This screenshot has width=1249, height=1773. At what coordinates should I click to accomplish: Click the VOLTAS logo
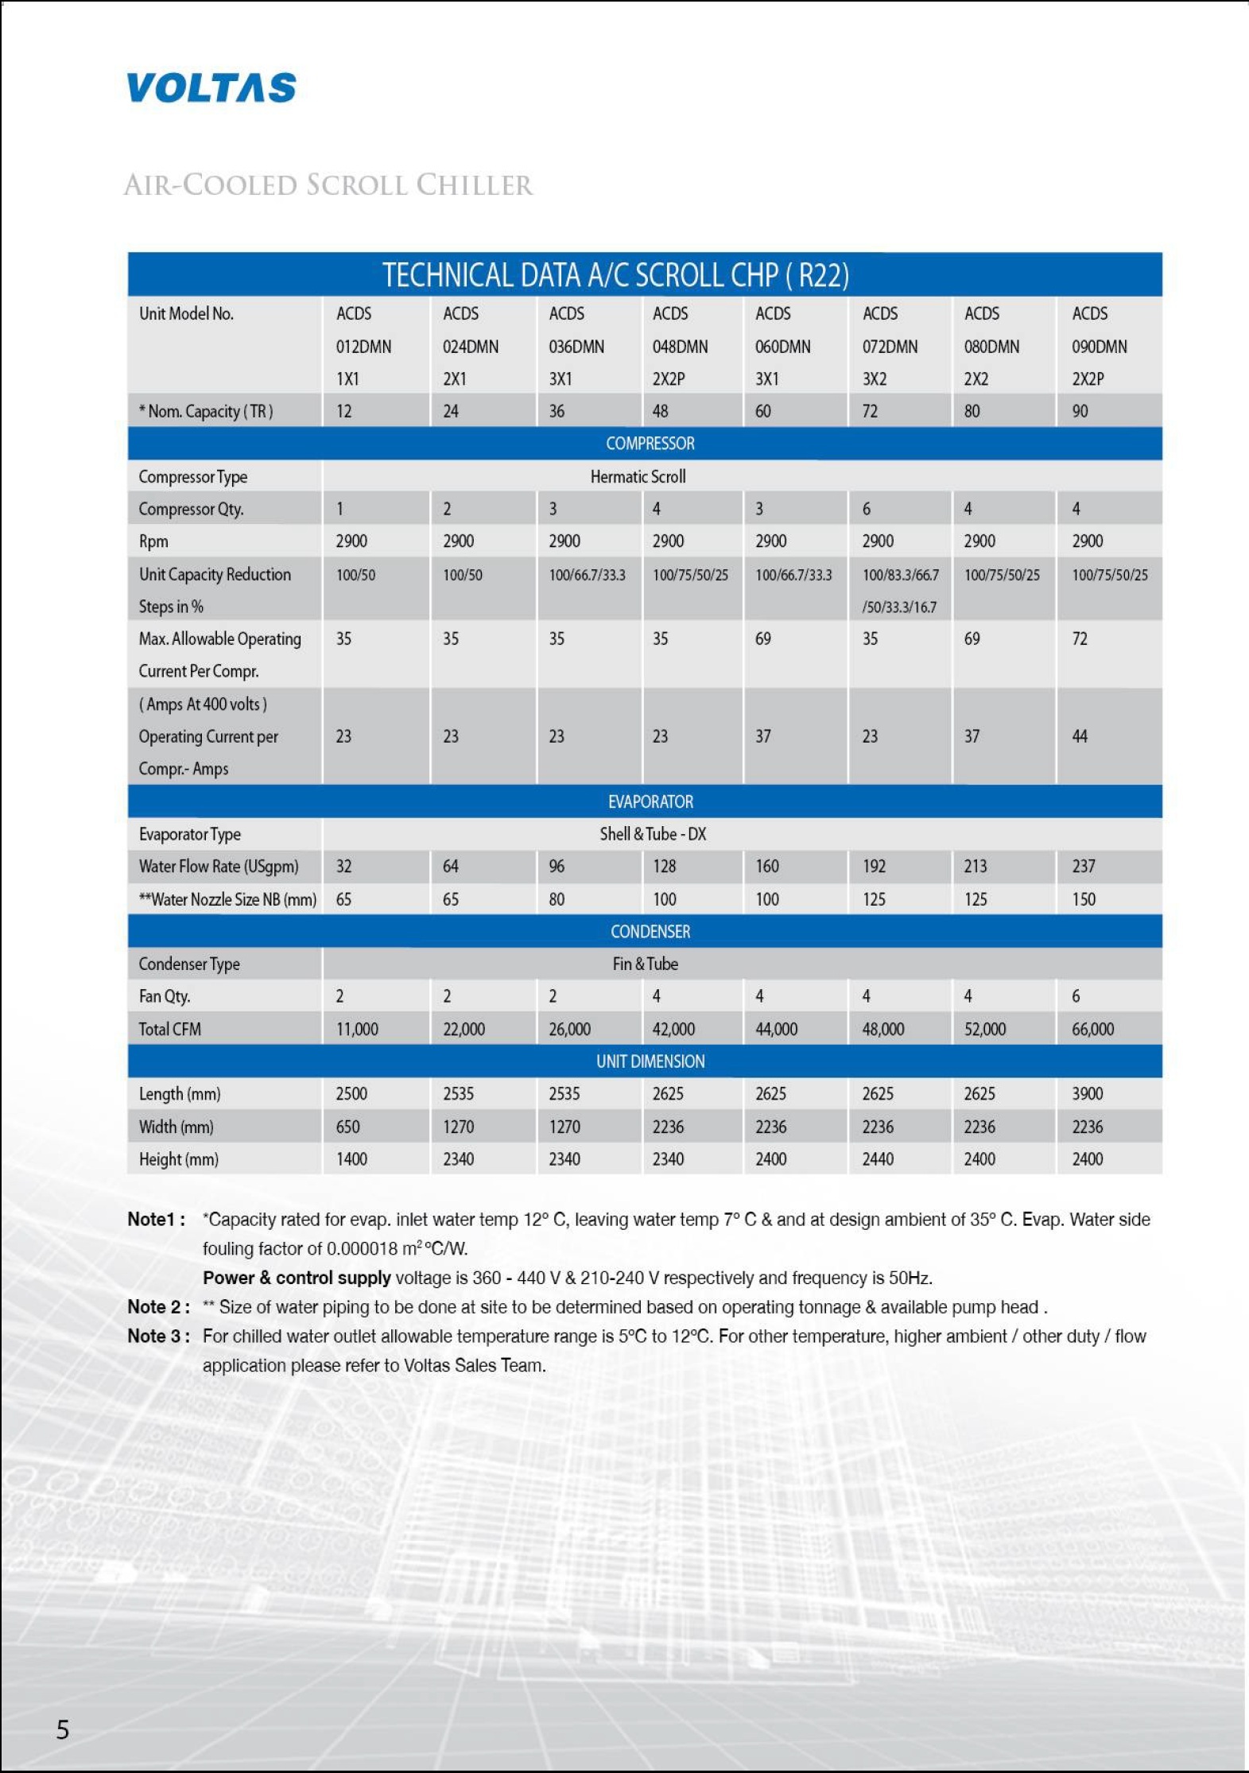(x=211, y=88)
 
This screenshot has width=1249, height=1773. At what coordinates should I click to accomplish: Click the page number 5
(x=63, y=1729)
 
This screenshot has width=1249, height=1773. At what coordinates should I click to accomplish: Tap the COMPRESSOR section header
(x=650, y=444)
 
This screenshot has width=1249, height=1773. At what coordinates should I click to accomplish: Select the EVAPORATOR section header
(x=650, y=801)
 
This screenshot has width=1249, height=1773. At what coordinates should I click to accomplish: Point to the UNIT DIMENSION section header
(x=650, y=1061)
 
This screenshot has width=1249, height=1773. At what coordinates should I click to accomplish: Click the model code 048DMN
(x=680, y=347)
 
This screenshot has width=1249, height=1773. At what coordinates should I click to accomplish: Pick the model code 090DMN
(x=1099, y=347)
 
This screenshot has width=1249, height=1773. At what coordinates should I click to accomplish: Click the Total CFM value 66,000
(x=1092, y=1029)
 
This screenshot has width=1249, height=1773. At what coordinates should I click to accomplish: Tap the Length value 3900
(x=1087, y=1094)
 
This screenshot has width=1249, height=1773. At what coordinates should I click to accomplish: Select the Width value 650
(x=347, y=1127)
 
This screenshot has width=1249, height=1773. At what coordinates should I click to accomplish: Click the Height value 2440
(x=878, y=1159)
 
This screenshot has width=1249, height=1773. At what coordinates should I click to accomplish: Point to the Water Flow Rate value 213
(x=975, y=867)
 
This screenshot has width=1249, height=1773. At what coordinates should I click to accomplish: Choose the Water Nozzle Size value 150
(x=1083, y=899)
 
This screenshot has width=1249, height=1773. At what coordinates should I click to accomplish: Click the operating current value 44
(x=1079, y=736)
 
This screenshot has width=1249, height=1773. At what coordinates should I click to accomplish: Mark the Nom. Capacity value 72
(x=870, y=411)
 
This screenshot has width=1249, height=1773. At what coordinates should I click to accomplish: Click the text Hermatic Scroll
(x=638, y=476)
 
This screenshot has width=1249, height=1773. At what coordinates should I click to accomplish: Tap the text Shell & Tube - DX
(x=653, y=834)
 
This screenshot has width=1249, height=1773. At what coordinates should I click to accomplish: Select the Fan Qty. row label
(x=165, y=996)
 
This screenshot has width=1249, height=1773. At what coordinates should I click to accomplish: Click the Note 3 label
(x=158, y=1336)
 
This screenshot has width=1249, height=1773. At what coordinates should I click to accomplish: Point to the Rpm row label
(x=153, y=541)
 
